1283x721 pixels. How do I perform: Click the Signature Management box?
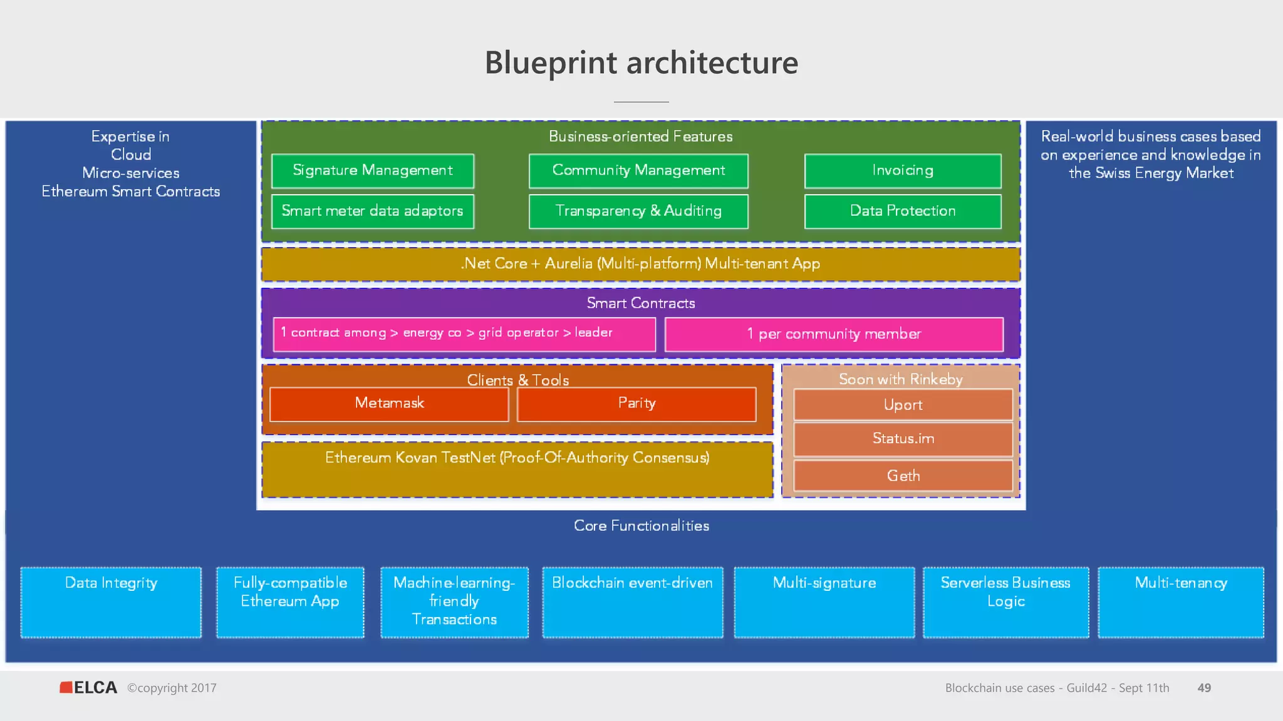[x=373, y=171]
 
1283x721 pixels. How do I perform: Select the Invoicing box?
[x=903, y=171]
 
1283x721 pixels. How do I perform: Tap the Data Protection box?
[x=903, y=212]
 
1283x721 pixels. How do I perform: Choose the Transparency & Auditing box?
[x=638, y=212]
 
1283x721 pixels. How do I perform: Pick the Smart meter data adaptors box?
[x=373, y=212]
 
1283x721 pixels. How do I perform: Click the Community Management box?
[x=638, y=171]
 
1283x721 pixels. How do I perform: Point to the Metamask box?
[x=389, y=404]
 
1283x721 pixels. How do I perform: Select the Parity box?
[x=636, y=404]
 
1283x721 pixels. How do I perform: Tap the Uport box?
[x=903, y=405]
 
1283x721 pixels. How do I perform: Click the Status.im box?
[x=903, y=439]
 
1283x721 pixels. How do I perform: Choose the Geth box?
[x=903, y=476]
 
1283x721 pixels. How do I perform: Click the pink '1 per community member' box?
[x=834, y=334]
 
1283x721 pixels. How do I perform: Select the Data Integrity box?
[x=111, y=602]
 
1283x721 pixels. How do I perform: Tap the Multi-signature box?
[x=824, y=602]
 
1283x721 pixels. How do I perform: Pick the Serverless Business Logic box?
[x=1005, y=602]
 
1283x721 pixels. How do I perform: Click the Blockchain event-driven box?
[x=633, y=602]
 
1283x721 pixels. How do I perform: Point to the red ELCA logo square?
[x=66, y=687]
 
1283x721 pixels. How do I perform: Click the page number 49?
[x=1203, y=688]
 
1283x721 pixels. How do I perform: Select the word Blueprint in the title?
[x=551, y=63]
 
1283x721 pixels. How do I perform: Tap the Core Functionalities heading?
[x=641, y=526]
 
